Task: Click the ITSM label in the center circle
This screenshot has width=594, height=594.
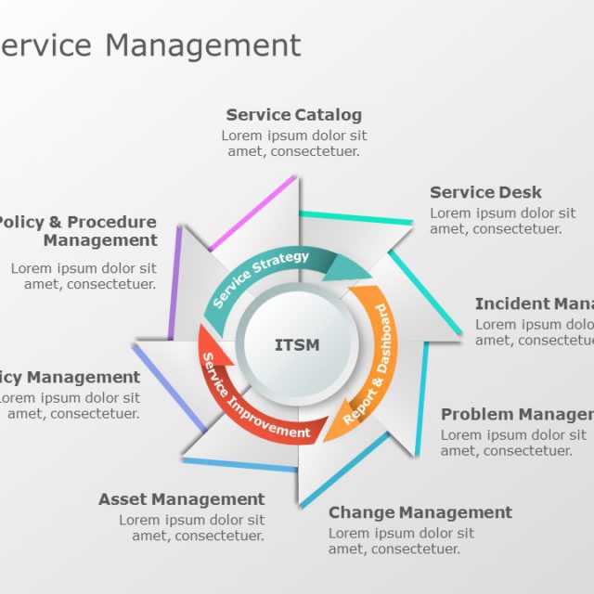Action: pos(297,345)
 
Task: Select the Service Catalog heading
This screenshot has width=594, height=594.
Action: pos(293,115)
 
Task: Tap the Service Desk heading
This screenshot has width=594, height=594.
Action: pos(485,192)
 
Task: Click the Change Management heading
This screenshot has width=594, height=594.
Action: pos(420,512)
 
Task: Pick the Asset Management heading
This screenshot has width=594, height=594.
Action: pos(182,499)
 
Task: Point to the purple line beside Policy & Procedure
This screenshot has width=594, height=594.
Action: pos(175,283)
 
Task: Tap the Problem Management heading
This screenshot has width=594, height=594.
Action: pos(516,414)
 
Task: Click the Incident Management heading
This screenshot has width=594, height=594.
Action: pos(534,303)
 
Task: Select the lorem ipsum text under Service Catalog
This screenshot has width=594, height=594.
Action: pos(293,143)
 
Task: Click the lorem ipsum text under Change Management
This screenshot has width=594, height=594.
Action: pos(401,540)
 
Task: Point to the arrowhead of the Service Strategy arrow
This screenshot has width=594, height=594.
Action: pos(351,268)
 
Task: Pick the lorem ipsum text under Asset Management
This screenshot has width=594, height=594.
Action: pos(191,527)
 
